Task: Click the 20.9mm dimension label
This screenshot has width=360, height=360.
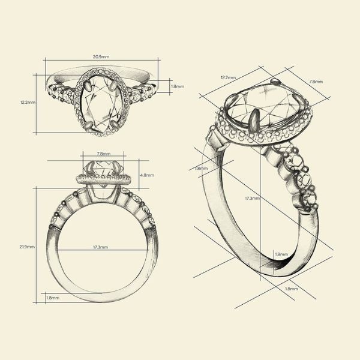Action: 101,56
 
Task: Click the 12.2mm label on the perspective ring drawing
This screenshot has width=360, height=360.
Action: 228,77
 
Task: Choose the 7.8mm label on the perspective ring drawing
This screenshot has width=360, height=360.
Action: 316,81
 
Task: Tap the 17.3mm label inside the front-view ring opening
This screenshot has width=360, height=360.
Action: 100,247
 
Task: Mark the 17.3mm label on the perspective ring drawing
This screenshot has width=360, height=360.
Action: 252,198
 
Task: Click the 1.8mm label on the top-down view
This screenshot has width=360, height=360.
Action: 178,87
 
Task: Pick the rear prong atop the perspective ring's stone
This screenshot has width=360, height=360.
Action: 274,81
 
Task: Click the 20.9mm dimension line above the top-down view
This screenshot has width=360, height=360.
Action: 101,61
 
